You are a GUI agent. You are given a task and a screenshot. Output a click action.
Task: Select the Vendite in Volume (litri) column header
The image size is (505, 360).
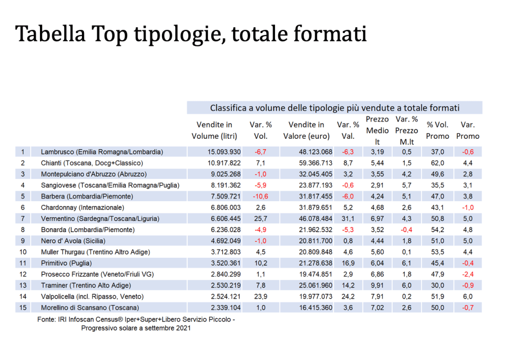tap(214, 130)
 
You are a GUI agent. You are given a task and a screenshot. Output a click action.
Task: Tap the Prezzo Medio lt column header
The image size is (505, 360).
tap(377, 130)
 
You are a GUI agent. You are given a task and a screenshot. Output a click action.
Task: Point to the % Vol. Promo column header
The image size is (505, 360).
tap(437, 130)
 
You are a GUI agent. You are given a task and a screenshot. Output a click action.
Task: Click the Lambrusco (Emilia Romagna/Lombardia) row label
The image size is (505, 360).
tap(102, 152)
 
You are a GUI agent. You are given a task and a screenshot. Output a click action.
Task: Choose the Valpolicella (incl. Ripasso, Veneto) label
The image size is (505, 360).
tap(92, 296)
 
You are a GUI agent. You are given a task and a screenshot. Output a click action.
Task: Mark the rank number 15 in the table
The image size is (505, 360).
tap(23, 307)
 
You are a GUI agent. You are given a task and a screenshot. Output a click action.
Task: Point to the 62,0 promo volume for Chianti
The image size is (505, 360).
tap(437, 162)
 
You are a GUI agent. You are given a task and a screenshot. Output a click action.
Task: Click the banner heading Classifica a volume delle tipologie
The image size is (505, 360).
tap(335, 108)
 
